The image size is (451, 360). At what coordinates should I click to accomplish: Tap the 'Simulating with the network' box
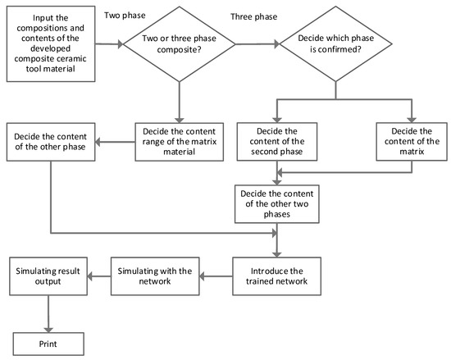155,275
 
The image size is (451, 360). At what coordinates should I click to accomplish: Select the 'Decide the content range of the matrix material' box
178,142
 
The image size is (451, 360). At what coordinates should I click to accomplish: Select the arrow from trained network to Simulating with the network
215,276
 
